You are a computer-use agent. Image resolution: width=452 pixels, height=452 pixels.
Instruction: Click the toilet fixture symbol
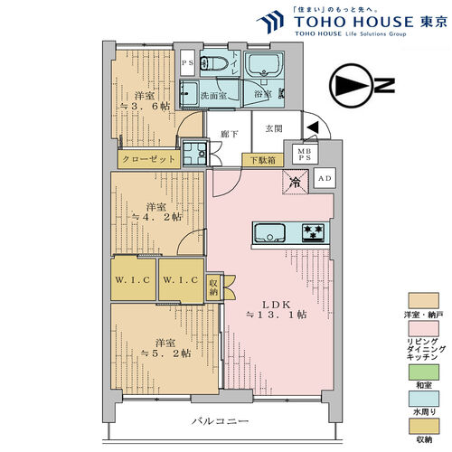pos(214,63)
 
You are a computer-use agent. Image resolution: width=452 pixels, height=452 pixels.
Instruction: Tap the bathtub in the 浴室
pos(264,65)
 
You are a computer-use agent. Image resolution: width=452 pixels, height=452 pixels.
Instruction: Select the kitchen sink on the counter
pos(269,232)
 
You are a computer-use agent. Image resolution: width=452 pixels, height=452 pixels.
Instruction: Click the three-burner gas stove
pos(314,232)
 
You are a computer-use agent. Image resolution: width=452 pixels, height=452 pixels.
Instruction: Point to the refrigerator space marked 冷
pos(296,182)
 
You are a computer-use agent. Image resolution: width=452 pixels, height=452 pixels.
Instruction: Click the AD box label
pos(325,178)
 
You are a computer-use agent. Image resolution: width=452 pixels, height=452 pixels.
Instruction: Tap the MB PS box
pos(305,154)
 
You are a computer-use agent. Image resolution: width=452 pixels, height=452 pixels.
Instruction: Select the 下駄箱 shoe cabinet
pos(263,160)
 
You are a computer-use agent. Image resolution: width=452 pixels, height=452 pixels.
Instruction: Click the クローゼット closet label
pos(149,159)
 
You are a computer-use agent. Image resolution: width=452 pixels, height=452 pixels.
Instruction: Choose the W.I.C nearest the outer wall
pos(133,279)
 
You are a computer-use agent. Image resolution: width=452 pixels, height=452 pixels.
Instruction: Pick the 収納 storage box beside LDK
pos(213,287)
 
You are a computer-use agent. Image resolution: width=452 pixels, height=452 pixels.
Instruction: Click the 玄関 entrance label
pos(274,128)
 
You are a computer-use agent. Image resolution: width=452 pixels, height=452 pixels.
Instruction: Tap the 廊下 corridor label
pos(230,134)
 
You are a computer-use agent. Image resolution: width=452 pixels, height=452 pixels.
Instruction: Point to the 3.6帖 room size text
pos(146,106)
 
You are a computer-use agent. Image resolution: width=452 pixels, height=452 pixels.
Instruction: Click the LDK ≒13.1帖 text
pos(277,310)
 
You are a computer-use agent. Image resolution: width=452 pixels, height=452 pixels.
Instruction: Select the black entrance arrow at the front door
pos(313,127)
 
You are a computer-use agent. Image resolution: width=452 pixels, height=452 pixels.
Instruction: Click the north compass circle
pos(350,86)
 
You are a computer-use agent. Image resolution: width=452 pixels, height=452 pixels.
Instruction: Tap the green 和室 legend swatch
pos(424,372)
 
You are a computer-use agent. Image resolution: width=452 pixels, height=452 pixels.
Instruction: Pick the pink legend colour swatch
pos(424,328)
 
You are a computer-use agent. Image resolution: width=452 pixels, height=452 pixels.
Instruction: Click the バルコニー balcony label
pos(221,421)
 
